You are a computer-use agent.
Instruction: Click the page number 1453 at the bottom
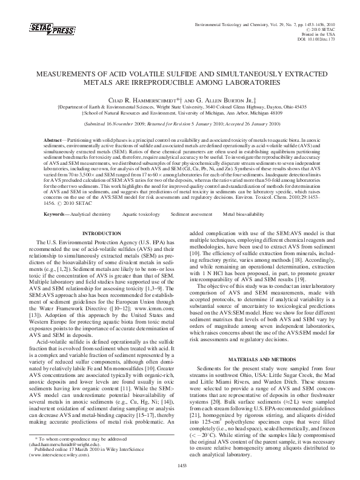coord(180,465)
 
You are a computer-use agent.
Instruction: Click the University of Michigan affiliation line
coord(180,113)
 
